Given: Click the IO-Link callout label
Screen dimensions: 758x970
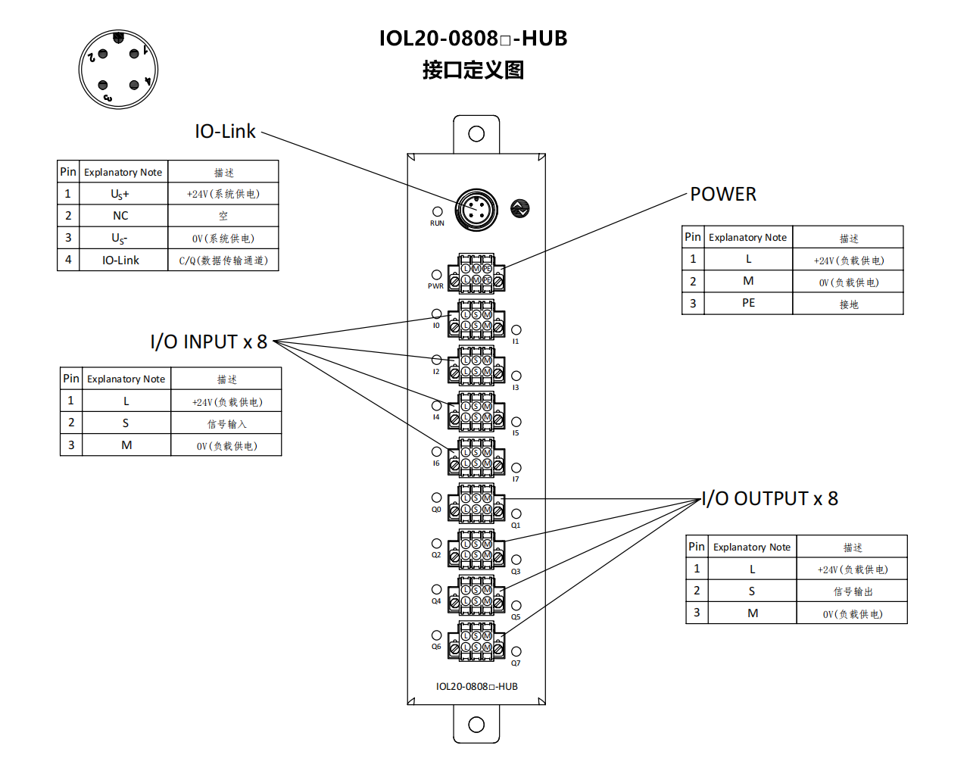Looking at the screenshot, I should click(225, 132).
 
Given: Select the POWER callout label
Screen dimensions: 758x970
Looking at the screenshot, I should click(723, 195).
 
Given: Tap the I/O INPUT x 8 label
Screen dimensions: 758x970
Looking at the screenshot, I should click(208, 342).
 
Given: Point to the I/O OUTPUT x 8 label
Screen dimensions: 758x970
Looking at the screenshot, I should click(769, 499).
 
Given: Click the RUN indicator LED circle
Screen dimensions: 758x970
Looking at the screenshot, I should click(437, 212).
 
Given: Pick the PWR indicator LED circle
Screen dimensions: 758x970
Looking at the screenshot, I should click(436, 275).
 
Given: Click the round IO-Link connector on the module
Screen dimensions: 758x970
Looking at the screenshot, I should click(476, 210).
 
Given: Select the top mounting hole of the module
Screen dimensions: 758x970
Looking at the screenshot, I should click(476, 134).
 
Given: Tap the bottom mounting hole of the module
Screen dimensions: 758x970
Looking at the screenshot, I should click(476, 725).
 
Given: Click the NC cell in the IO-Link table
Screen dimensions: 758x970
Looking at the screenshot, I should click(121, 216).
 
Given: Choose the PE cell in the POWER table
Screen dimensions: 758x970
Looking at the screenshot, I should click(748, 303).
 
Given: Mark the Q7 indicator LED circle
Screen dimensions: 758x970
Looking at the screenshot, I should click(516, 651).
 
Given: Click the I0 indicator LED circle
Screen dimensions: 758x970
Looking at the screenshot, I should click(436, 313).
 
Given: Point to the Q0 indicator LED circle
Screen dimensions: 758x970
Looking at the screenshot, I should click(436, 498).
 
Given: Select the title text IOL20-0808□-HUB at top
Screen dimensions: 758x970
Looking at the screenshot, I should click(473, 39).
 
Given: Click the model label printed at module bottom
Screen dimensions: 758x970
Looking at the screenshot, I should click(476, 687).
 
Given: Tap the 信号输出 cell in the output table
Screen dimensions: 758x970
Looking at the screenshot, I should click(853, 591).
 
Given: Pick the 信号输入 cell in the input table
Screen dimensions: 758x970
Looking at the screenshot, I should click(226, 424).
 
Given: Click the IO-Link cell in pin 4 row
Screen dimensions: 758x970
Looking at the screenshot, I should click(121, 260).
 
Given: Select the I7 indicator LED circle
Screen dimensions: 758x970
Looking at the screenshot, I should click(516, 468).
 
